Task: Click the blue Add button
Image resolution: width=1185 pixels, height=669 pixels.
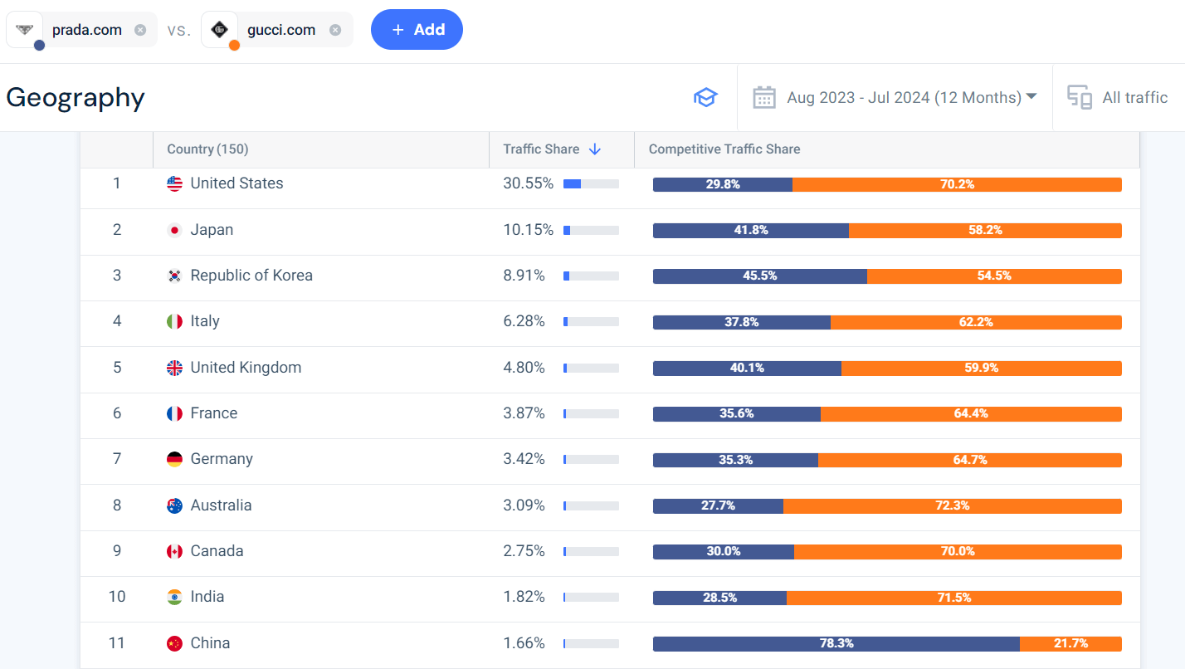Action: [417, 30]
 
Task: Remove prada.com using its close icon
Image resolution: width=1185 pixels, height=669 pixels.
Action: [140, 30]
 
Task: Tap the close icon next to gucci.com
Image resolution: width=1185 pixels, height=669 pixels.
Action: [335, 30]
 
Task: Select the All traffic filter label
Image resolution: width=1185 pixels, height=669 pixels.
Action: [1134, 97]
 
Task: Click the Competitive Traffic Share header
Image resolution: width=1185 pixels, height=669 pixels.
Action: [724, 149]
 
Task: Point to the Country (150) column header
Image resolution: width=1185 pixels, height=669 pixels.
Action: [207, 149]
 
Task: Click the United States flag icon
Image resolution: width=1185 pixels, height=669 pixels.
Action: [174, 183]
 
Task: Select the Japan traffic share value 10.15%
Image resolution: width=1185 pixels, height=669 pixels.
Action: [528, 230]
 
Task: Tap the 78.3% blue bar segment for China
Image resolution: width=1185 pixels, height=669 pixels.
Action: [836, 643]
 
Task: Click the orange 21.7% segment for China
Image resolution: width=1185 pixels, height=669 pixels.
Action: [1070, 643]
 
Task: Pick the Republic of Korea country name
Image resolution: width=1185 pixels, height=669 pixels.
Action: [251, 276]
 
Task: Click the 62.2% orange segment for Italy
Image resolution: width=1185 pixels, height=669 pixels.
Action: [976, 322]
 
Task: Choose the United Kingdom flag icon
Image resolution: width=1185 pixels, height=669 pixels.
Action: [174, 368]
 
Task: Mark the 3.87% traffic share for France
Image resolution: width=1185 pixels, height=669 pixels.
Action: [524, 413]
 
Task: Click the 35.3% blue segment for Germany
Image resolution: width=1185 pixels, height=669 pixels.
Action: [735, 460]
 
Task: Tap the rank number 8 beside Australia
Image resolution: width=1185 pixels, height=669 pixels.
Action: [117, 505]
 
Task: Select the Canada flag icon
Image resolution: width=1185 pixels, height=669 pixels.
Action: [174, 551]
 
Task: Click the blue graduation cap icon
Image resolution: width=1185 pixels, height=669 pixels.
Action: [705, 97]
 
